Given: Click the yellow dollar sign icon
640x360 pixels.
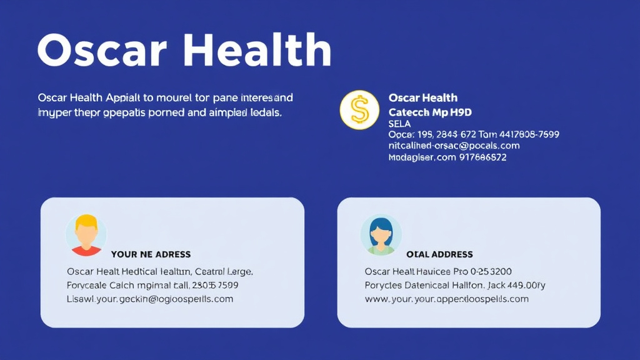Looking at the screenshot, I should (x=359, y=110).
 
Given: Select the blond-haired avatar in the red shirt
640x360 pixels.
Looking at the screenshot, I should (x=86, y=236).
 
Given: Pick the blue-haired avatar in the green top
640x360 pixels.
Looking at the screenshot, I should (x=381, y=236).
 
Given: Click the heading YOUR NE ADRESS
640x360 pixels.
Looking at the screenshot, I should (x=151, y=254).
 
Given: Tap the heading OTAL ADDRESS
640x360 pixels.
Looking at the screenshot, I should (x=439, y=254).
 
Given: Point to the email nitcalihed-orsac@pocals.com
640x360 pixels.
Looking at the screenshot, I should (x=454, y=146).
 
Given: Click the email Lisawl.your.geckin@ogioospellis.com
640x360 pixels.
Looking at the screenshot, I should (x=150, y=299).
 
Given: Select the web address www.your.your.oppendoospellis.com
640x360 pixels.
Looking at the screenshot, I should (x=446, y=299).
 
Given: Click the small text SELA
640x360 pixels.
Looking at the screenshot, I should (x=399, y=124).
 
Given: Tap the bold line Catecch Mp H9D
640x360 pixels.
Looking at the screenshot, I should (x=430, y=112).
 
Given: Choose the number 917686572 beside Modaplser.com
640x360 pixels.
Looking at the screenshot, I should (x=483, y=157).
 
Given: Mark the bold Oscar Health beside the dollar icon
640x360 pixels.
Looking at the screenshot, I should (x=423, y=97).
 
